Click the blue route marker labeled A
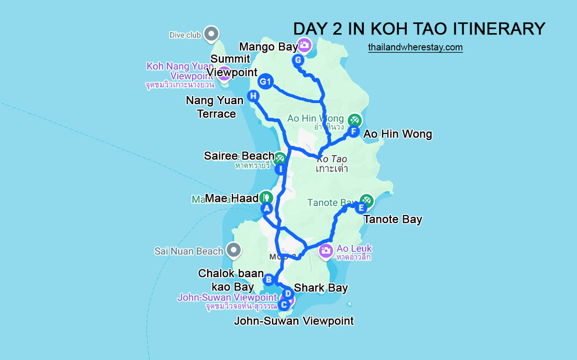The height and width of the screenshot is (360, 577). click(266, 208)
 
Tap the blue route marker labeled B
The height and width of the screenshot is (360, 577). click(269, 280)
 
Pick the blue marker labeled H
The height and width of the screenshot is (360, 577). click(253, 96)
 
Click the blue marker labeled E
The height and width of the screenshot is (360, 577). click(361, 208)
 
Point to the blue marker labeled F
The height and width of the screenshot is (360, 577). click(354, 132)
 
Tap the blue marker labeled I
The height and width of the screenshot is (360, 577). click(280, 169)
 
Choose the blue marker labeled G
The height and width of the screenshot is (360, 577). click(298, 60)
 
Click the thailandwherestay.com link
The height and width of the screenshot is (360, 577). click(415, 47)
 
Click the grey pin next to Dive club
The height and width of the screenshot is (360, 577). click(212, 34)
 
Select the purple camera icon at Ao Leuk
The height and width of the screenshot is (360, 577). click(326, 251)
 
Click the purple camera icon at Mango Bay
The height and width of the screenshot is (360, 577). click(305, 45)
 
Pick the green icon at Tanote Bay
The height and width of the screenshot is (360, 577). click(367, 201)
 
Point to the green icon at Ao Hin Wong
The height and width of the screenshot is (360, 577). click(355, 120)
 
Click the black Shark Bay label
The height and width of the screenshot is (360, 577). click(321, 288)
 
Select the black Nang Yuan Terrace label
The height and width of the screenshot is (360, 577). click(215, 107)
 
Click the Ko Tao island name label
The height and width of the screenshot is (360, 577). click(331, 159)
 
